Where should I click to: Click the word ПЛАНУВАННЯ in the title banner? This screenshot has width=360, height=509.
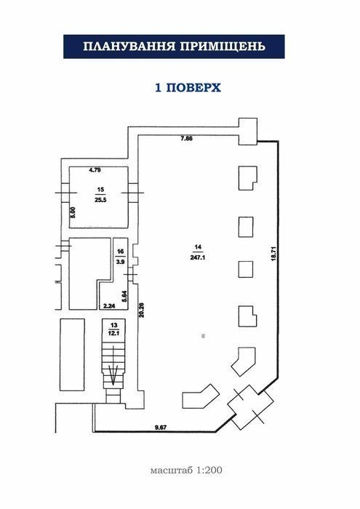point(129,47)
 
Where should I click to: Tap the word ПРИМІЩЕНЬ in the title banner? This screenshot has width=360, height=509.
point(223,47)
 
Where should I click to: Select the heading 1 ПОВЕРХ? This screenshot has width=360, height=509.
point(188,88)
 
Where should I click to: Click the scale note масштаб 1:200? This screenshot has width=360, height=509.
point(186,470)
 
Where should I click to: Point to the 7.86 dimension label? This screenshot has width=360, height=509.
point(187,138)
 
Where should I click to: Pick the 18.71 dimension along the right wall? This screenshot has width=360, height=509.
point(273,254)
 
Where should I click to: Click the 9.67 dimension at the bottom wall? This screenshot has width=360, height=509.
point(160,428)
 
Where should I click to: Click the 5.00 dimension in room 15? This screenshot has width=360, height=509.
point(73,212)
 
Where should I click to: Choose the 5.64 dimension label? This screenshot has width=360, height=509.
point(124,297)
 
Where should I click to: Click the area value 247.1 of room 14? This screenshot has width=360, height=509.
point(198,257)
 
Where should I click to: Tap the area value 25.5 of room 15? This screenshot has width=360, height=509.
point(100,200)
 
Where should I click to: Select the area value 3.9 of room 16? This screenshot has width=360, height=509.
point(121,261)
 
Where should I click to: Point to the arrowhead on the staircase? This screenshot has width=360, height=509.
point(113,376)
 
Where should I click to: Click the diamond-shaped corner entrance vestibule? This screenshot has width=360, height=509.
point(250,404)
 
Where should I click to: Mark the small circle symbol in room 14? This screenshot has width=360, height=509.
point(203,336)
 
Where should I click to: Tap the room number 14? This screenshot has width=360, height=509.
point(198,247)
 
